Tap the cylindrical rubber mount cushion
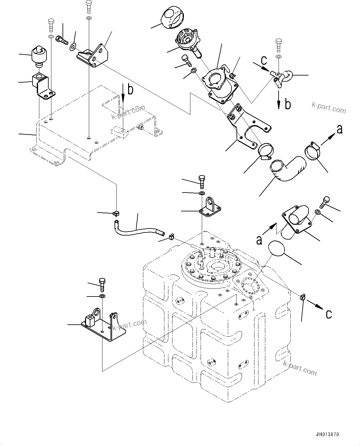pos(39,56)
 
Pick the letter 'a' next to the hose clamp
pos(339,129)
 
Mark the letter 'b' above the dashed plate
pos(131,90)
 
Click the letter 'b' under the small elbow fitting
pos(288,104)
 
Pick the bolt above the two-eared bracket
pos(102,284)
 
